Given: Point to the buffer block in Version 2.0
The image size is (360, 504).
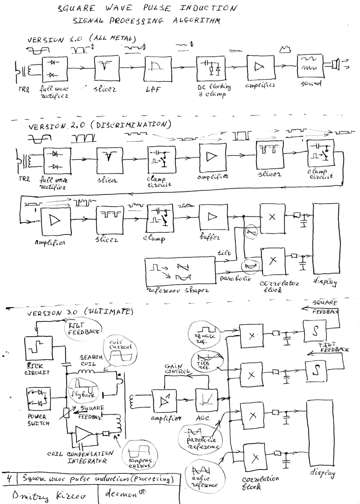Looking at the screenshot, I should pos(213,217).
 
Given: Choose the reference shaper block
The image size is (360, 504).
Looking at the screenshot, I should pos(180,272).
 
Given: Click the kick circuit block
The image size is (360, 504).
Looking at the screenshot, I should pos(38,351).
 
